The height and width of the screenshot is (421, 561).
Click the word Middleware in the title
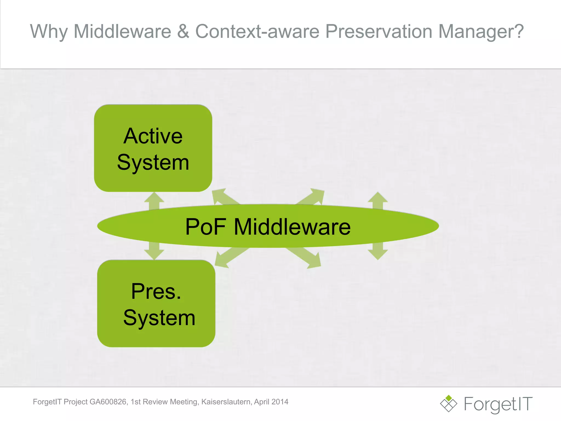[x=122, y=32]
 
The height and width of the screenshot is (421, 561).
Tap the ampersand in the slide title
[x=183, y=32]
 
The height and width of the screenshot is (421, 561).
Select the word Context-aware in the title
[x=257, y=32]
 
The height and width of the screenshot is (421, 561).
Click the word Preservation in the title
[x=379, y=32]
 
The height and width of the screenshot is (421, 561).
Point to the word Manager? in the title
[x=481, y=32]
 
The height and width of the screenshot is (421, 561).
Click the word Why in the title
[x=49, y=32]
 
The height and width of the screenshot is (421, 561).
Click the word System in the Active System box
[x=153, y=163]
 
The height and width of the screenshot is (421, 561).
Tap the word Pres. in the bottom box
[x=156, y=291]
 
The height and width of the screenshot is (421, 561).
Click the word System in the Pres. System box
[x=159, y=318]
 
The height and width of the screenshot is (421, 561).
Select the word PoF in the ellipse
[x=205, y=227]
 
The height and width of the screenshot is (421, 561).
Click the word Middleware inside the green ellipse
[x=292, y=227]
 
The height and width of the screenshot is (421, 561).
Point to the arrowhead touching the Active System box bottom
[x=154, y=197]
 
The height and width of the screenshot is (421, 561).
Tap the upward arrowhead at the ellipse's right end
[x=377, y=197]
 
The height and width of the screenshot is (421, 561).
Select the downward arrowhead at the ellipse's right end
[x=377, y=255]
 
